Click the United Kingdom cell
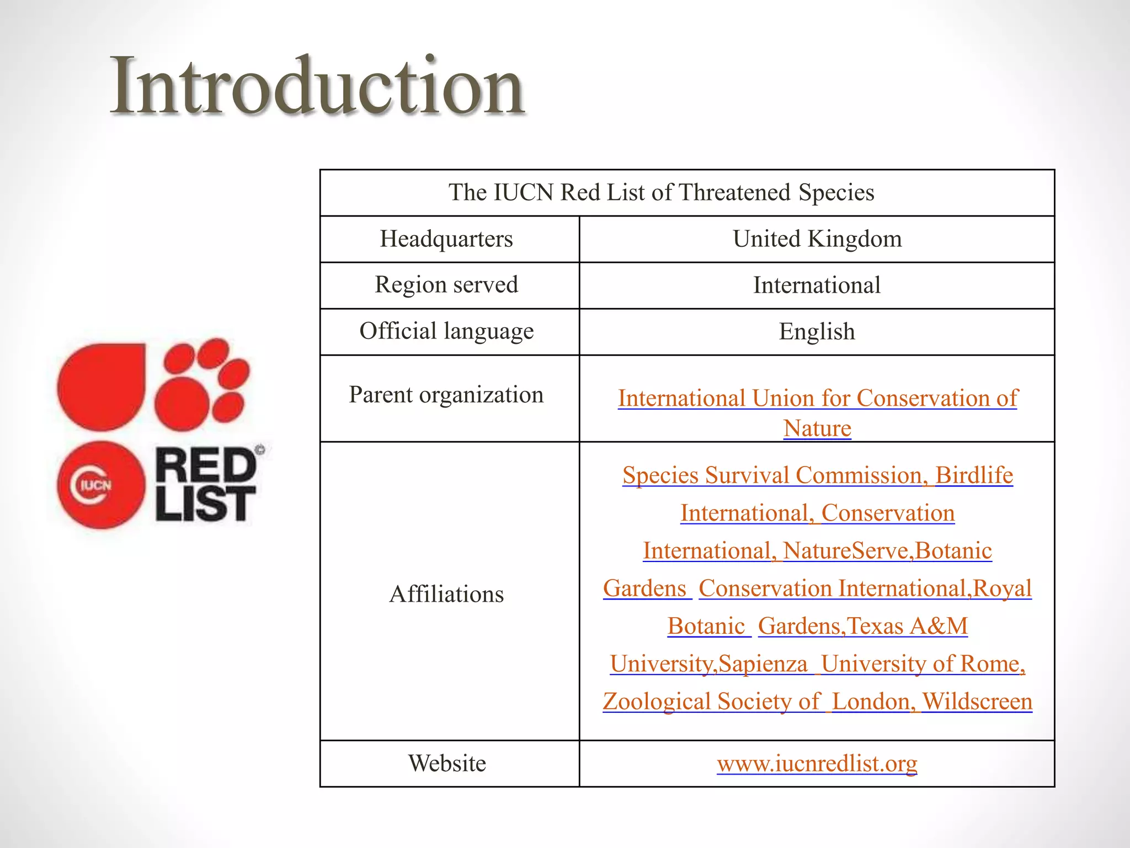[x=817, y=239]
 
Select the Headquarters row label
[x=446, y=239]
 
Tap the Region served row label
[x=446, y=285]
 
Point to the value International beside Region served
[x=817, y=285]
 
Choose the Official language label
[x=446, y=331]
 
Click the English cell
[x=817, y=332]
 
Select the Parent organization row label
[x=446, y=395]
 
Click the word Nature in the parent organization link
[x=817, y=428]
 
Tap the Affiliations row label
[x=446, y=594]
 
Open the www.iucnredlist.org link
[x=817, y=764]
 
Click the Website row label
[x=447, y=764]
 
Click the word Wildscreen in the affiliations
[x=977, y=702]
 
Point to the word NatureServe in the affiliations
[x=845, y=551]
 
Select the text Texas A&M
[x=907, y=626]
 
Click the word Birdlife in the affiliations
[x=974, y=475]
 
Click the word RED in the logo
[x=207, y=465]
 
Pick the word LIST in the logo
[x=205, y=504]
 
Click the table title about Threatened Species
[x=661, y=193]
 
